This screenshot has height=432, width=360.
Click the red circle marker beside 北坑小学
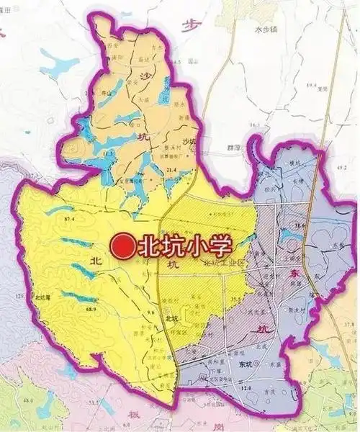(x=123, y=247)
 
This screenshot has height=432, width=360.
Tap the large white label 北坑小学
(x=185, y=247)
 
